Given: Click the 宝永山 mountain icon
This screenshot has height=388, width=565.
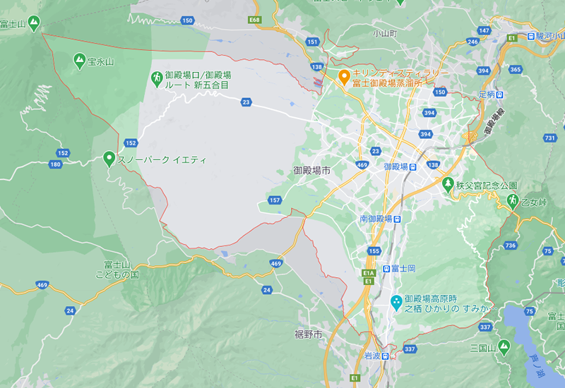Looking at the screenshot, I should (78, 61).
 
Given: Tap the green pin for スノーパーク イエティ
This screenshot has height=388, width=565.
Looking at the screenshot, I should (109, 159).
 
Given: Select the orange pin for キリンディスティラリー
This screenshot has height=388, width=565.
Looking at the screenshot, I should (344, 76).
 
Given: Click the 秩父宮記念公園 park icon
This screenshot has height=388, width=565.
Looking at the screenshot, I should (447, 185).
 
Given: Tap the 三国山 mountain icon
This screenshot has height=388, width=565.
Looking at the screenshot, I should (503, 347).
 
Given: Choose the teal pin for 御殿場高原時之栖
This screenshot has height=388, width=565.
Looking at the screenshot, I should (397, 302).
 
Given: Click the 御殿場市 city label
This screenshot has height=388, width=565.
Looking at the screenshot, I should (312, 170).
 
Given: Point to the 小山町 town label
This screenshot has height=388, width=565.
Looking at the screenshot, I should (386, 33).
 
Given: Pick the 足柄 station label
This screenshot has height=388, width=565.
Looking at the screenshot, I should (487, 94).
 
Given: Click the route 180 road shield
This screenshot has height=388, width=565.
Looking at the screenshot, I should (56, 164).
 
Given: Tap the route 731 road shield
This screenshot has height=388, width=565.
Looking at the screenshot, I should (550, 138).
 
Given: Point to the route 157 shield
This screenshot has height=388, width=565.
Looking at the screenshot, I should (275, 200).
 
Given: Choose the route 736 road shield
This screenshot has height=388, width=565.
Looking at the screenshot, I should (511, 245).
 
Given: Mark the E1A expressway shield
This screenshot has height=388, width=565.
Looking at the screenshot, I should (367, 272).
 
